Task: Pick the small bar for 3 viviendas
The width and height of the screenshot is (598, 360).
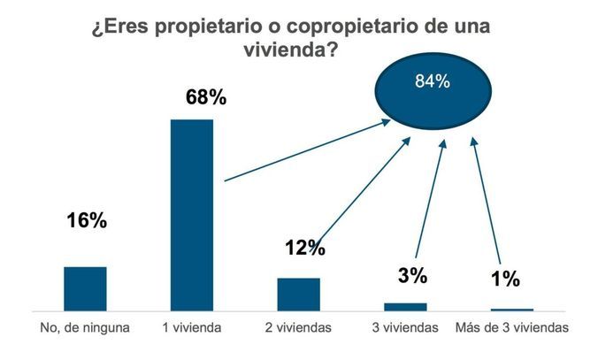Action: (x=405, y=306)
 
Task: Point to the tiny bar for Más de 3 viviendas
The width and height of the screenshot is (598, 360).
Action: (x=512, y=310)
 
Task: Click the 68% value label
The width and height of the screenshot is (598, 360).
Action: (x=205, y=96)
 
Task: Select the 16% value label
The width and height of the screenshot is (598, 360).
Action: (x=86, y=220)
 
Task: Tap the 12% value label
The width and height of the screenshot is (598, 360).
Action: (x=304, y=248)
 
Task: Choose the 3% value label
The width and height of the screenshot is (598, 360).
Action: (x=412, y=275)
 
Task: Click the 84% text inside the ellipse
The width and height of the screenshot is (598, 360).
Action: (x=433, y=82)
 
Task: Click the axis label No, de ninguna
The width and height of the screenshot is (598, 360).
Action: (x=85, y=328)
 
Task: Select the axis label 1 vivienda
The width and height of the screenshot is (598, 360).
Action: (x=192, y=328)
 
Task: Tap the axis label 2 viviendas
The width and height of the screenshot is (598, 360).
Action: (x=298, y=328)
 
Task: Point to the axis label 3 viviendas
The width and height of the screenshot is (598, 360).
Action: (x=405, y=328)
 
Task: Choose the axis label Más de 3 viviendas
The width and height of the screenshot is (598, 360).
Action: (x=512, y=328)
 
